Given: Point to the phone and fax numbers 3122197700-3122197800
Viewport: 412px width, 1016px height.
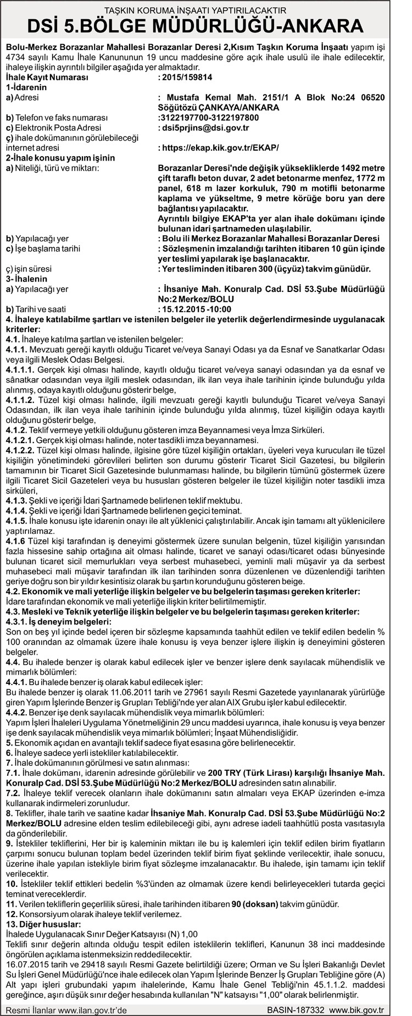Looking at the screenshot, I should [x=208, y=118].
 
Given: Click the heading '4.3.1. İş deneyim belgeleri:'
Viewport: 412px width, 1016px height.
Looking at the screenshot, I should [x=58, y=621].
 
